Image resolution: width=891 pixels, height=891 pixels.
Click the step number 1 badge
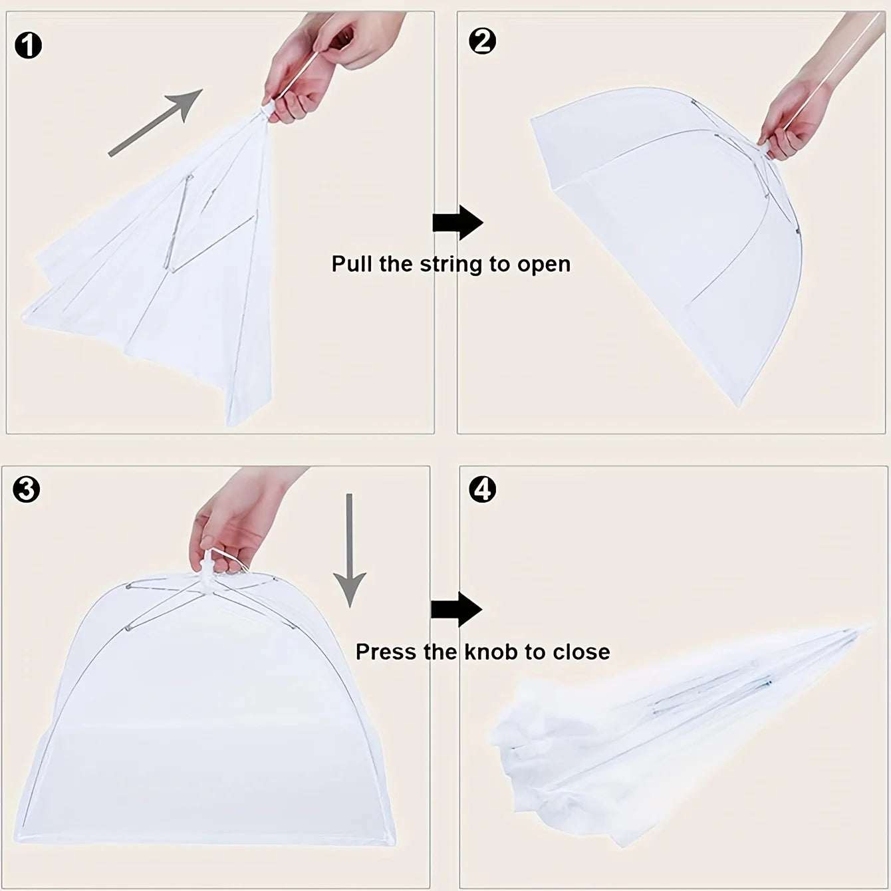click(x=28, y=46)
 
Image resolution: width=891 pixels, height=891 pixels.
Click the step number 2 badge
click(x=482, y=41)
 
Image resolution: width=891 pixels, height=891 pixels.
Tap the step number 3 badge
click(x=27, y=490)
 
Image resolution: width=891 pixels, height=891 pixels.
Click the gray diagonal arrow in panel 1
click(x=156, y=122)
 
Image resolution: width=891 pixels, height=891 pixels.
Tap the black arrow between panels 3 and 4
click(x=456, y=610)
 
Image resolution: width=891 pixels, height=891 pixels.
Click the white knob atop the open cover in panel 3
click(x=208, y=570)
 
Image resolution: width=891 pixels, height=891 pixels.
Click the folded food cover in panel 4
click(x=679, y=731)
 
